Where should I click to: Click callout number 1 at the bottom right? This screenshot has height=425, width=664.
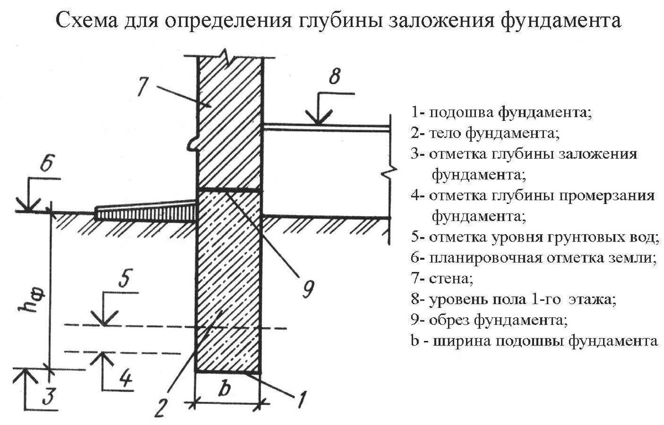[302, 398]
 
